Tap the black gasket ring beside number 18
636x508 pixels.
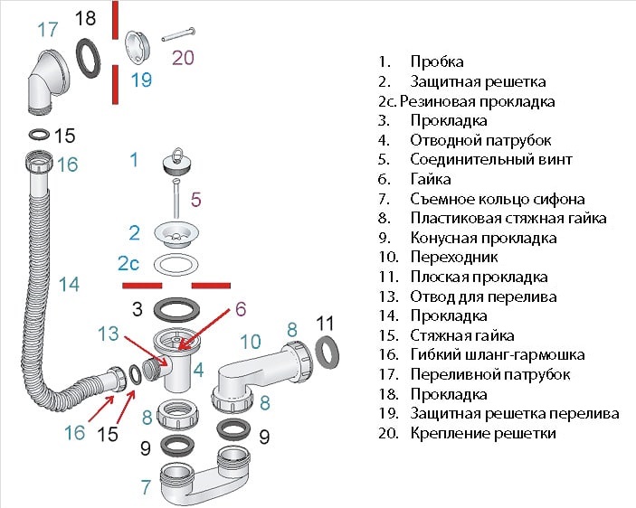tap(89, 56)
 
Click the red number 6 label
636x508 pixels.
tap(240, 308)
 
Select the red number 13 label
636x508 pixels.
tap(109, 333)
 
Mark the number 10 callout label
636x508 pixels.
tap(250, 341)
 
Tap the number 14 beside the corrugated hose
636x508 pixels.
tap(69, 284)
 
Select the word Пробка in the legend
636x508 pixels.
tap(436, 61)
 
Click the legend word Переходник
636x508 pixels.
tap(453, 257)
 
